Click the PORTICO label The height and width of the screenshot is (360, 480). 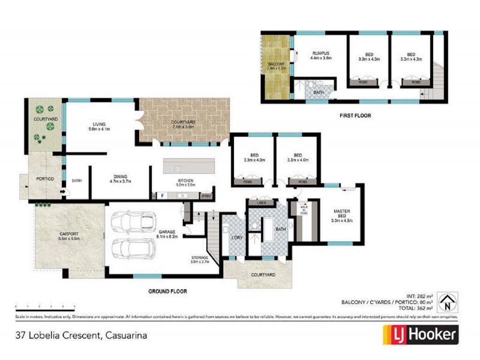(45, 179)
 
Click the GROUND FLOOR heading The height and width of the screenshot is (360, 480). (167, 291)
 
